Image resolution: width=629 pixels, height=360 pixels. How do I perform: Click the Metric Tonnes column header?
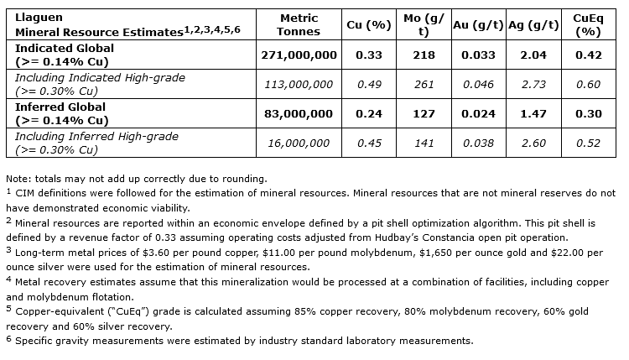click(299, 25)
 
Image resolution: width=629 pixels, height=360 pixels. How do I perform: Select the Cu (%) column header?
click(369, 25)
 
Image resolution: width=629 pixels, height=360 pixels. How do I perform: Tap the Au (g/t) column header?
click(477, 25)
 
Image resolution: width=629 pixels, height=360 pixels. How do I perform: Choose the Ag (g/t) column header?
click(534, 25)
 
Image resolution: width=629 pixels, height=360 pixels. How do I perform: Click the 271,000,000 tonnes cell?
click(299, 55)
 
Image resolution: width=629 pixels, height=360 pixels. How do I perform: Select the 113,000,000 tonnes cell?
click(299, 84)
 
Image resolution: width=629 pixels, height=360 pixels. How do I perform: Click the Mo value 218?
click(424, 55)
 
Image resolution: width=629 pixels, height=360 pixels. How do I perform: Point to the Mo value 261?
click(424, 84)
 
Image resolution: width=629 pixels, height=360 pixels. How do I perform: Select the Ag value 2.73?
click(534, 84)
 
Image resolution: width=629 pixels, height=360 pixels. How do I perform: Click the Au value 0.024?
click(477, 113)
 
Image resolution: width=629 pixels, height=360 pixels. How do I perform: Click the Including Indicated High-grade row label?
click(101, 78)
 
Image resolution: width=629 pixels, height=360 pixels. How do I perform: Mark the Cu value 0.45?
click(369, 143)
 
